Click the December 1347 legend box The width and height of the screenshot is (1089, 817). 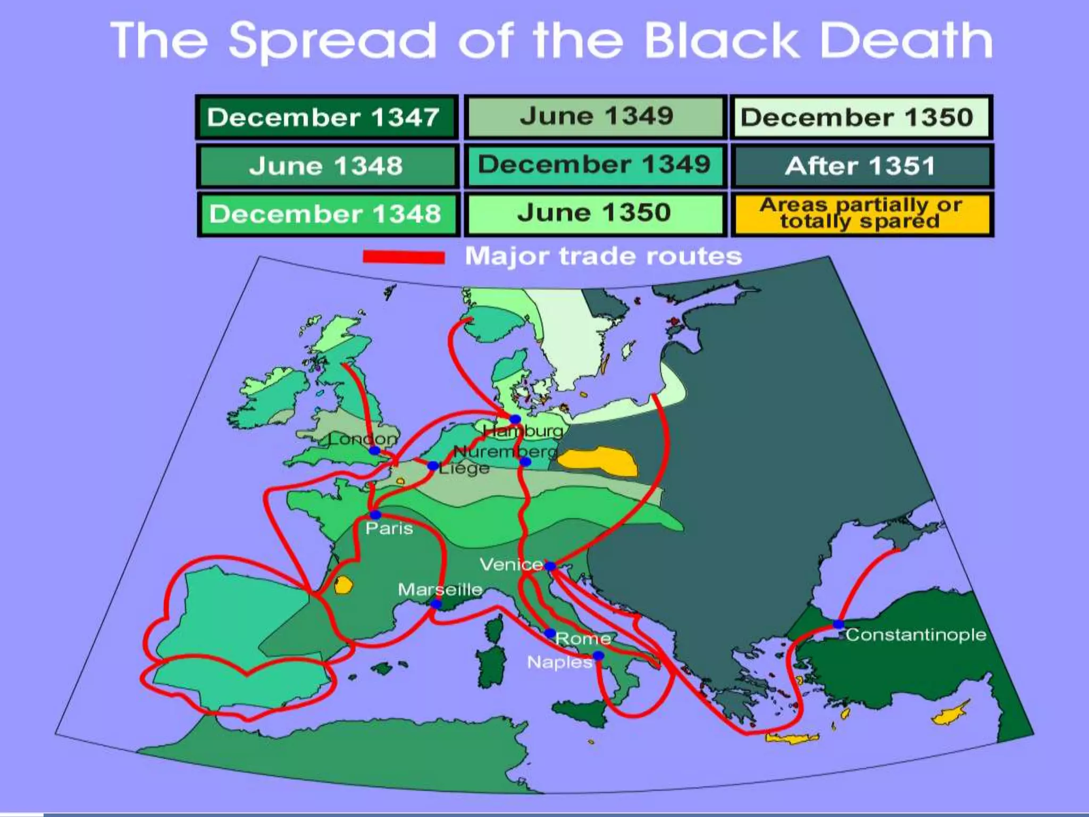[326, 118]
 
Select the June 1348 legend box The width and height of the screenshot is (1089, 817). [326, 166]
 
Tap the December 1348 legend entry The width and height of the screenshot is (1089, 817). [326, 214]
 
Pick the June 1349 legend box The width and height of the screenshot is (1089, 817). [595, 116]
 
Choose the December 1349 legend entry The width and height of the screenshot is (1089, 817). [595, 165]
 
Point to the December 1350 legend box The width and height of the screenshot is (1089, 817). [861, 118]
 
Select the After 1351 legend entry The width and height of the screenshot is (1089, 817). [861, 166]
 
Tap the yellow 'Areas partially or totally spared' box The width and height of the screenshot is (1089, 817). [861, 214]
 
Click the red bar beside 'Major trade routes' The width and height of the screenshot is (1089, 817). [404, 257]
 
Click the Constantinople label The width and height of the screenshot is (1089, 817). [916, 635]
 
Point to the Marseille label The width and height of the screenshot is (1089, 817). [440, 589]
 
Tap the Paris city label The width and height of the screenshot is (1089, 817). [389, 528]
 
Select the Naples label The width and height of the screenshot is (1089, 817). [559, 662]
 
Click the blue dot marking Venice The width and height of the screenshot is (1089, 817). [550, 566]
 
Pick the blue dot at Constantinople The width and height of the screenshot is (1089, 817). [838, 624]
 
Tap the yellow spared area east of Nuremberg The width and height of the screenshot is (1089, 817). [598, 461]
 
